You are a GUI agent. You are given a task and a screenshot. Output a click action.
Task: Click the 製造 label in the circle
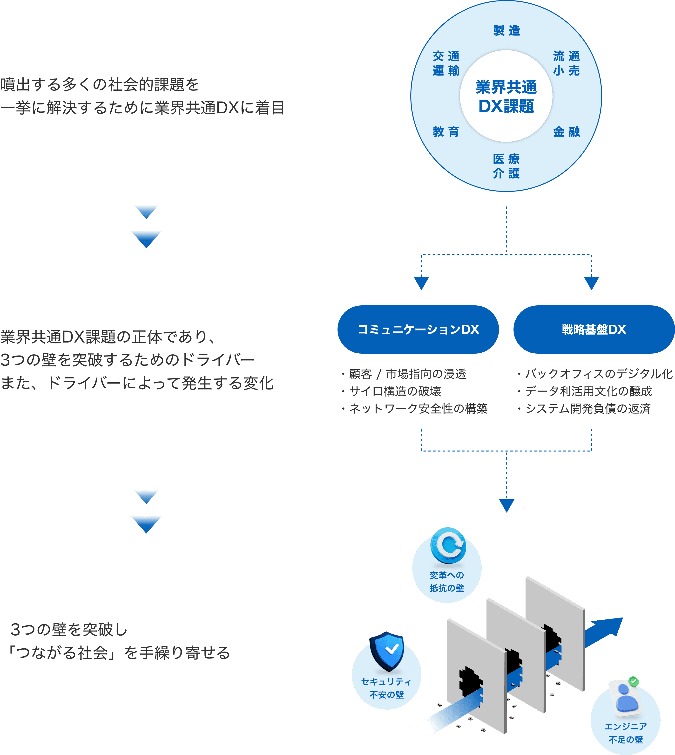507,30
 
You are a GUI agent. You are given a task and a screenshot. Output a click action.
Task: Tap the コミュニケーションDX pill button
418,329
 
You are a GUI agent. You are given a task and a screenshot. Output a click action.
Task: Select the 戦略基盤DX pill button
594,329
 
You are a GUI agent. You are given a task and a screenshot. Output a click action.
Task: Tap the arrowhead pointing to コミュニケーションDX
421,283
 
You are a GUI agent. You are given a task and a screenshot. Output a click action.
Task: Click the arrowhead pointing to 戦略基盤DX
592,283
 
